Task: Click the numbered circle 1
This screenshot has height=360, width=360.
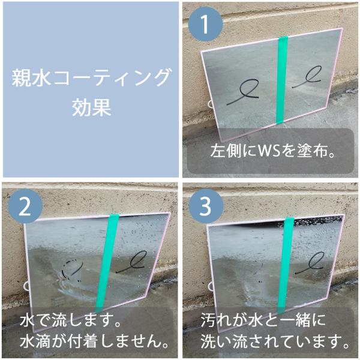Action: point(205,24)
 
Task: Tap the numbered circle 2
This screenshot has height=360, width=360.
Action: point(25,206)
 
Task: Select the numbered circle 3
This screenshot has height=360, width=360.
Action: point(205,206)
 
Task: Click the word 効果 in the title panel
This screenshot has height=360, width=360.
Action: point(91,107)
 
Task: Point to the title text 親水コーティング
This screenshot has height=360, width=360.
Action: point(91,78)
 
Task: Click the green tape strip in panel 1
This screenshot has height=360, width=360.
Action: point(282,80)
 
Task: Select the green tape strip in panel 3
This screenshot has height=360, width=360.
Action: point(286,264)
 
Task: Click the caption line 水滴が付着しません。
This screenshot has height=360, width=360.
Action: point(94,341)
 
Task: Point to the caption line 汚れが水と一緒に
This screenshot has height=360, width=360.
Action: point(263,320)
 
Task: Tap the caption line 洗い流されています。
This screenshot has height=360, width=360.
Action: point(275,341)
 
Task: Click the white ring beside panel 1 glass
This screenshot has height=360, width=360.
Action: point(210,104)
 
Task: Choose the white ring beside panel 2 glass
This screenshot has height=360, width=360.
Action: point(26,286)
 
